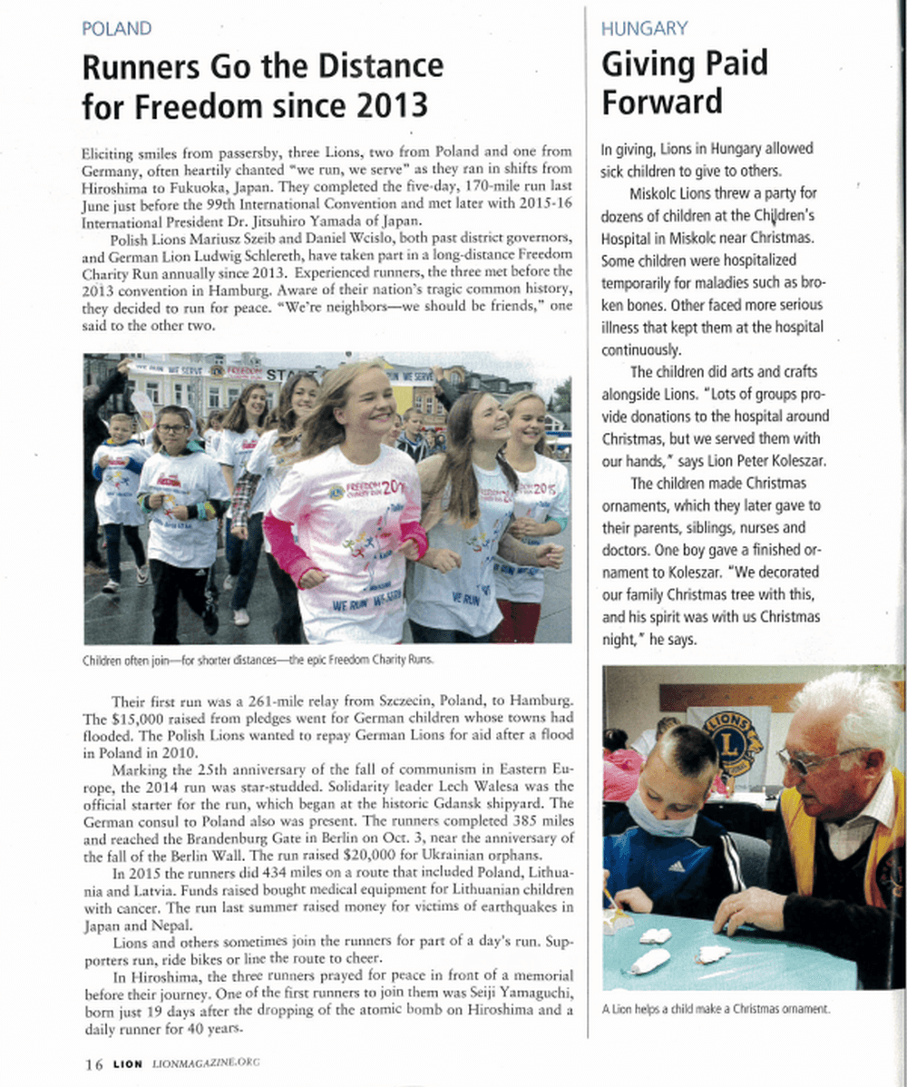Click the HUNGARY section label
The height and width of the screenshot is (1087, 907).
[644, 28]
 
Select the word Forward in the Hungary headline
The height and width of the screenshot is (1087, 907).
[662, 101]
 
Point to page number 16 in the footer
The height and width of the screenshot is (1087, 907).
[93, 1063]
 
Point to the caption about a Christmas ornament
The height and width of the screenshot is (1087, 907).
[717, 1008]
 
